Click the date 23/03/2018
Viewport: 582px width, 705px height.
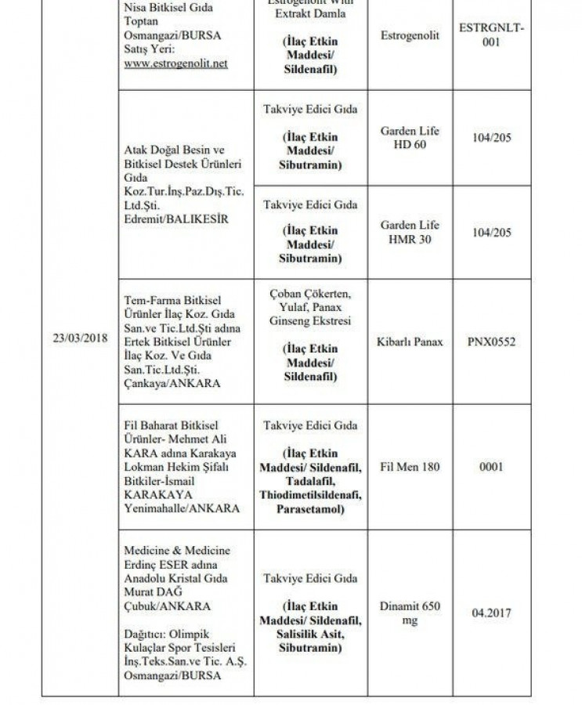(x=76, y=338)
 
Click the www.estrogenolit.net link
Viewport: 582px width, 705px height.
(x=175, y=63)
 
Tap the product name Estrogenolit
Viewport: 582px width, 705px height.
(x=410, y=35)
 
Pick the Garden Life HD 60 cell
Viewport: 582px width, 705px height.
(x=410, y=138)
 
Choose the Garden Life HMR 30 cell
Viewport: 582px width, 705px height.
(x=410, y=232)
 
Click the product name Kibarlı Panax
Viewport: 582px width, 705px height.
(x=410, y=342)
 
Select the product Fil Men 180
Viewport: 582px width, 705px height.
(x=410, y=467)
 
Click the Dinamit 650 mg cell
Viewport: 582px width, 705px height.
(x=410, y=613)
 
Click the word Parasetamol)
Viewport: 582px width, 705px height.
(x=311, y=508)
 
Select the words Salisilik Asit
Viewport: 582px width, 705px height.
(x=311, y=634)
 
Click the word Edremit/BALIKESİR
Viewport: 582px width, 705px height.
(x=176, y=219)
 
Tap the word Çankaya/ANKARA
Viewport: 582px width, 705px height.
(x=172, y=384)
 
